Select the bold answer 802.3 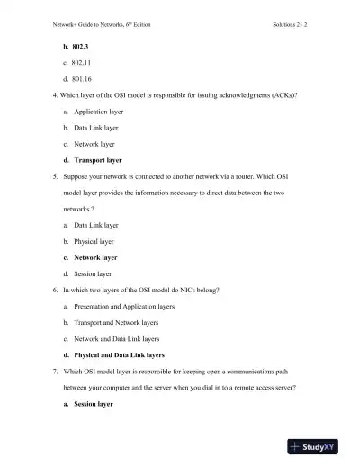(x=84, y=44)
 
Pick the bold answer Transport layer (x=98, y=160)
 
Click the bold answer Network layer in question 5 (x=95, y=257)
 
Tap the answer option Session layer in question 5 (x=93, y=273)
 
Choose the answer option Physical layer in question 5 (x=94, y=241)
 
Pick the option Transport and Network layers (x=117, y=323)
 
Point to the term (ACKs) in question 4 (x=283, y=94)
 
